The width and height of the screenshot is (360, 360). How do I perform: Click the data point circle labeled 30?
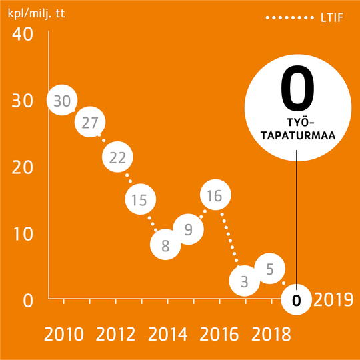(62, 101)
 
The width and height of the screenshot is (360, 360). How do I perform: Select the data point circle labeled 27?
(90, 123)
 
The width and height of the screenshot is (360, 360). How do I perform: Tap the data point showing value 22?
(117, 157)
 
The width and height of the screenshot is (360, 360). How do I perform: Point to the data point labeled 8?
(165, 245)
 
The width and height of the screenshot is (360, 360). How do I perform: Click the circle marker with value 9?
(189, 229)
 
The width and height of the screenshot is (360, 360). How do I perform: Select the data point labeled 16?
(215, 195)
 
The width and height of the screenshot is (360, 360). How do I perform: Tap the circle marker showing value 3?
(244, 281)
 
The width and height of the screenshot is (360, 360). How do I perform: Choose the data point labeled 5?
(270, 269)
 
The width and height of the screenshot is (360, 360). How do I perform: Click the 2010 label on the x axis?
(64, 334)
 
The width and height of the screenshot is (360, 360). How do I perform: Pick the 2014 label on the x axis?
(167, 334)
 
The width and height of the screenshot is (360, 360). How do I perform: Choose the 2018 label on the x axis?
(271, 334)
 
